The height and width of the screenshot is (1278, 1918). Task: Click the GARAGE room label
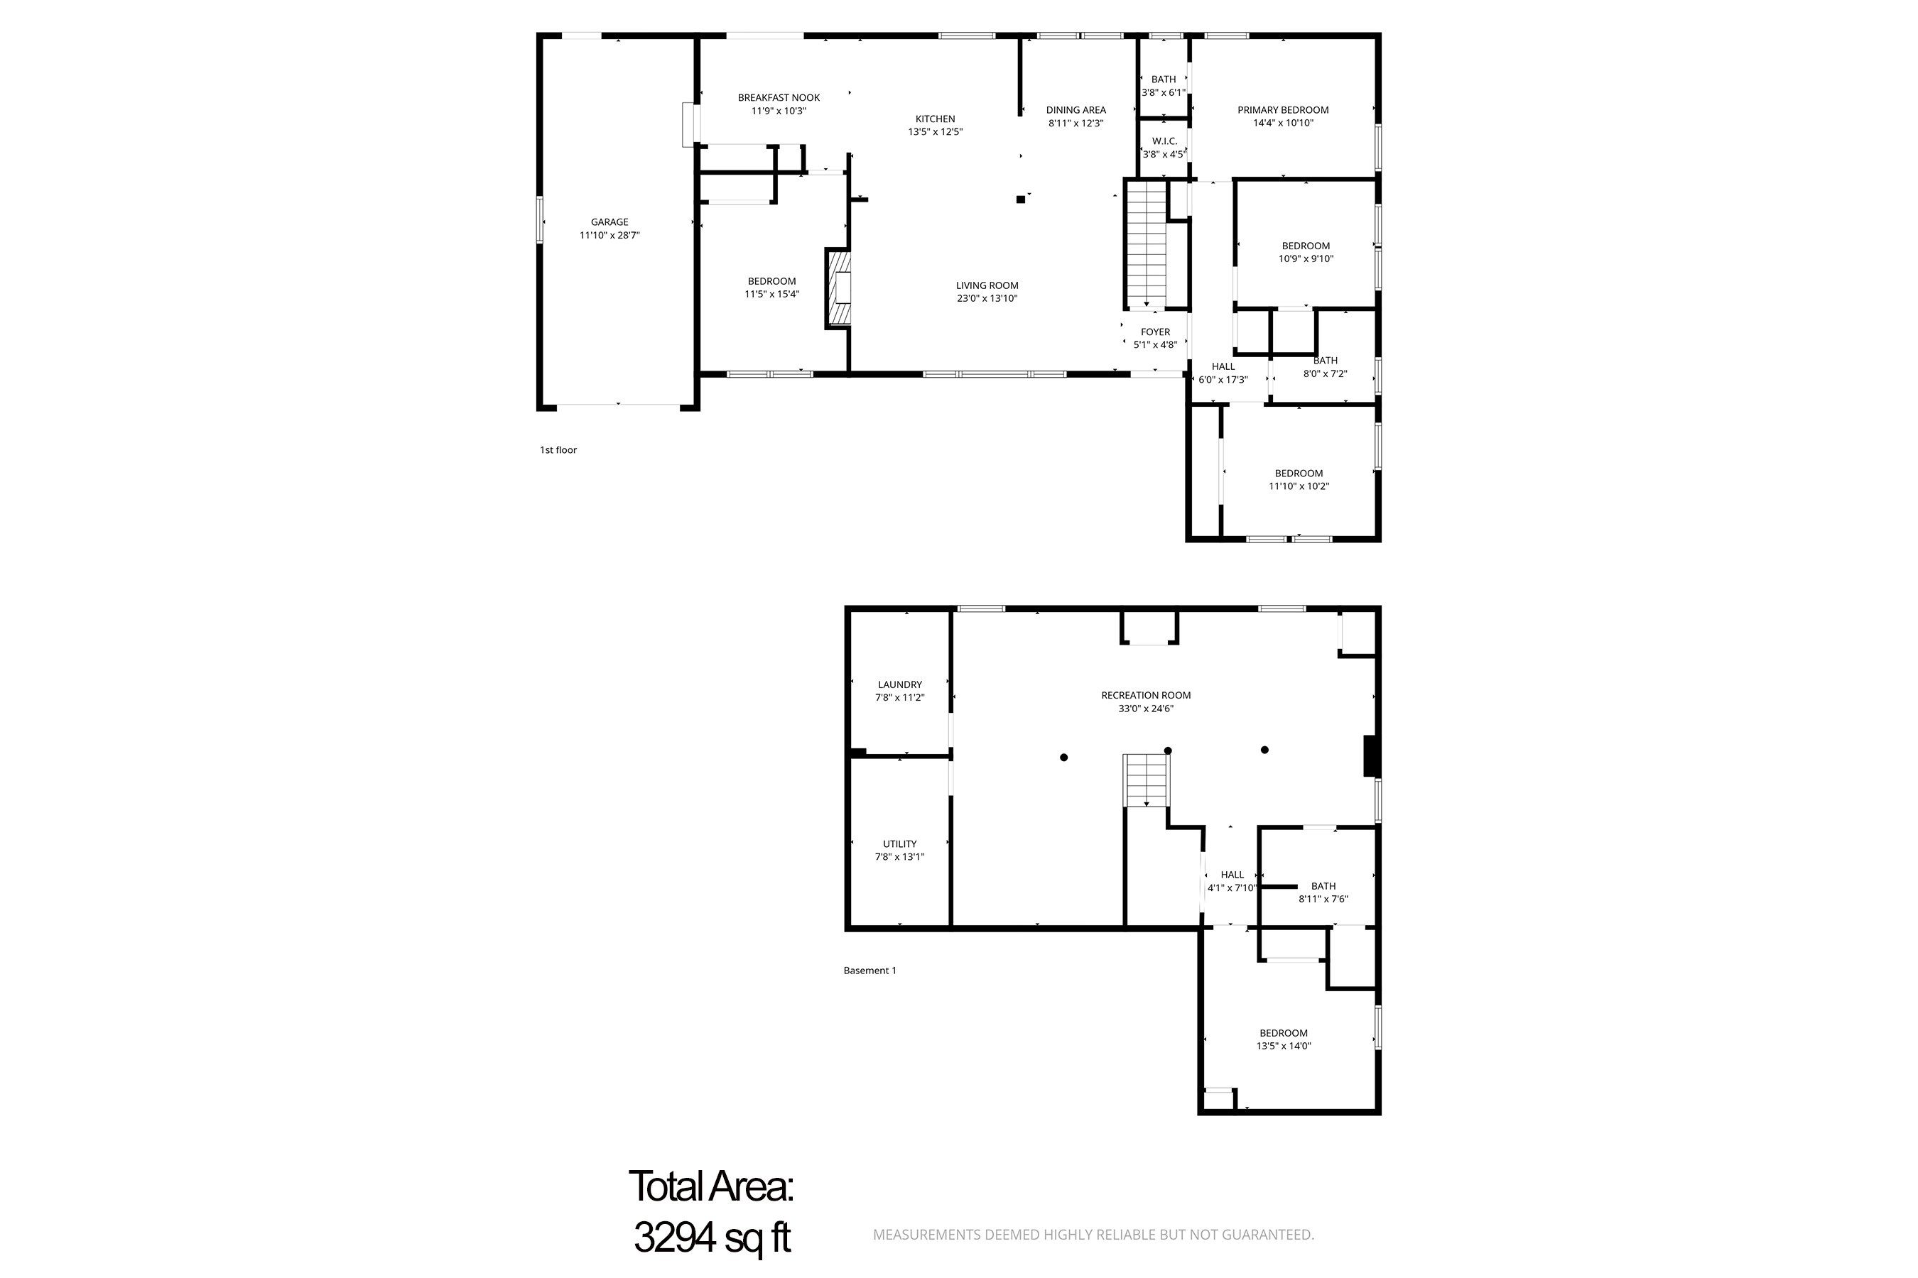click(609, 222)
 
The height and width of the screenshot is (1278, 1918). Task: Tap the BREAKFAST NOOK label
click(778, 98)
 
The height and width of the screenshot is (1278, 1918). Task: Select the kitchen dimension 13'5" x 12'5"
click(936, 132)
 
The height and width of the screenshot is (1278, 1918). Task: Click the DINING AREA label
click(1076, 110)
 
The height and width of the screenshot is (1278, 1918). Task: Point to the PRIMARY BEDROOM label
click(1282, 110)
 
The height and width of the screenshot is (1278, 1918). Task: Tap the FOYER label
click(1155, 332)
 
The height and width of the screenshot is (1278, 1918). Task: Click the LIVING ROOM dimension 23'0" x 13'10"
click(987, 298)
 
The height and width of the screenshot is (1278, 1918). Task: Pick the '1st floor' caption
click(558, 450)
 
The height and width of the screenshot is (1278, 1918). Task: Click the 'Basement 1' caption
click(869, 970)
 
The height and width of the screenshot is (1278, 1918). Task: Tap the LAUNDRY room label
click(899, 684)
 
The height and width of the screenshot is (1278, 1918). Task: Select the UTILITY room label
click(899, 843)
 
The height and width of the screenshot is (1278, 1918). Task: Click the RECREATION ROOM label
click(1145, 695)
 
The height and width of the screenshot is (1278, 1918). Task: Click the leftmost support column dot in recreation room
click(1063, 757)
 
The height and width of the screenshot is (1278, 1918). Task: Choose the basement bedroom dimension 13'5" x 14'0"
click(1283, 1046)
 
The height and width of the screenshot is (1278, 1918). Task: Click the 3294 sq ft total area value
click(711, 1238)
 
